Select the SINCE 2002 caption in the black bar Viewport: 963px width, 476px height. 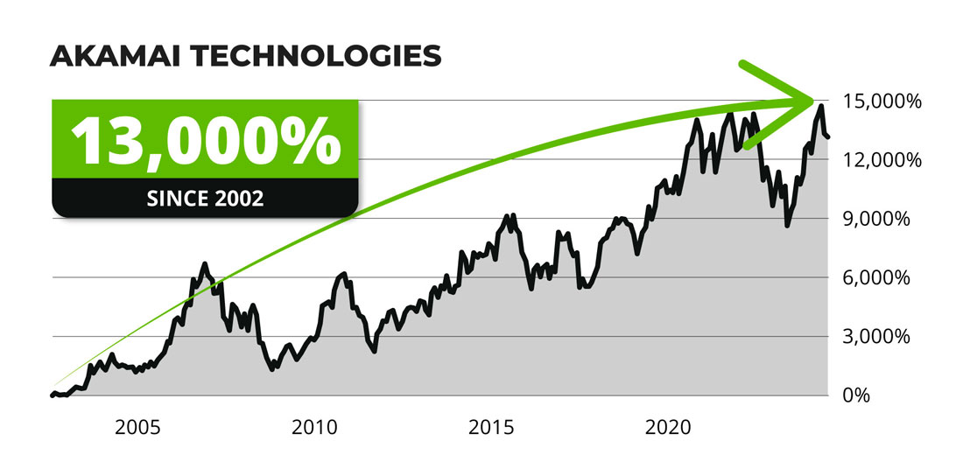pos(206,198)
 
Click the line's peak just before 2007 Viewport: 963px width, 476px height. pos(204,263)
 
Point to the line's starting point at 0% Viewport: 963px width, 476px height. pos(52,395)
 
